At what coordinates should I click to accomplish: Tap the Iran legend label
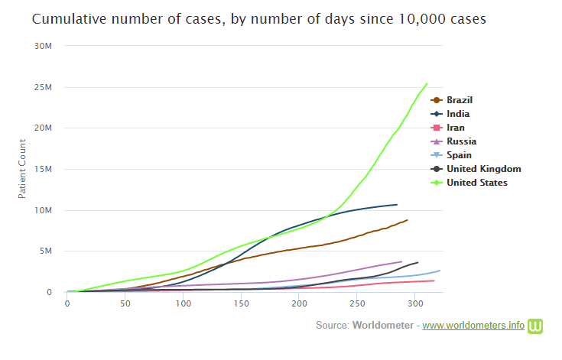pos(456,128)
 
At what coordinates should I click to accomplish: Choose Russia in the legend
pos(461,141)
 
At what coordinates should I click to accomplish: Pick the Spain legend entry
pos(460,155)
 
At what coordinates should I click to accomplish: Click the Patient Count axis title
pos(23,169)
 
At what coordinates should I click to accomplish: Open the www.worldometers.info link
pos(473,326)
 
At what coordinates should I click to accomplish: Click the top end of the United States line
pos(427,83)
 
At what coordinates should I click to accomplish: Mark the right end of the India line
pos(397,205)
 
